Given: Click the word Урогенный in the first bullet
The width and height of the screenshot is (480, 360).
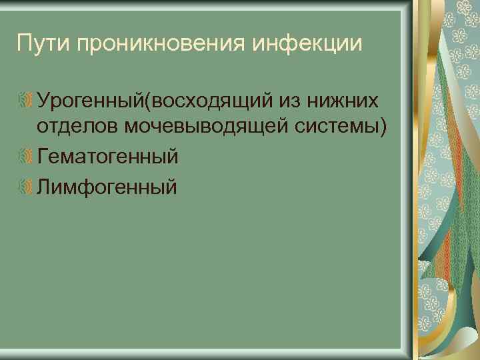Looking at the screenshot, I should tap(91, 101).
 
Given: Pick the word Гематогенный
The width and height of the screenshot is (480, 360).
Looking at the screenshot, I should tap(108, 158).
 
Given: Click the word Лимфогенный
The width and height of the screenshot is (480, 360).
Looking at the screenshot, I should tap(107, 187).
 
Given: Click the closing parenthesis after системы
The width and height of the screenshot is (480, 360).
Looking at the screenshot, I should tap(382, 129).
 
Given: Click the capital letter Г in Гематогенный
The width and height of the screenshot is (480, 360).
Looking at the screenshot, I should tap(43, 158).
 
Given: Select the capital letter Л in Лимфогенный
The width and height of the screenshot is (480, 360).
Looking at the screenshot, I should tap(45, 187).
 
